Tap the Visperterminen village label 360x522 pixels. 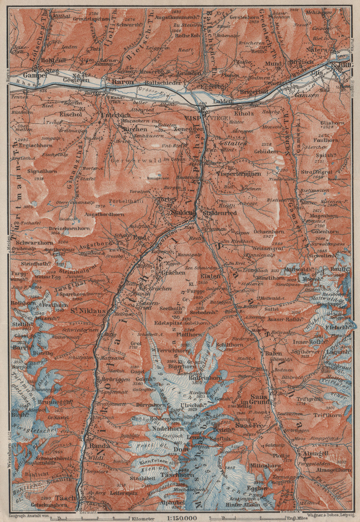(239, 174)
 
